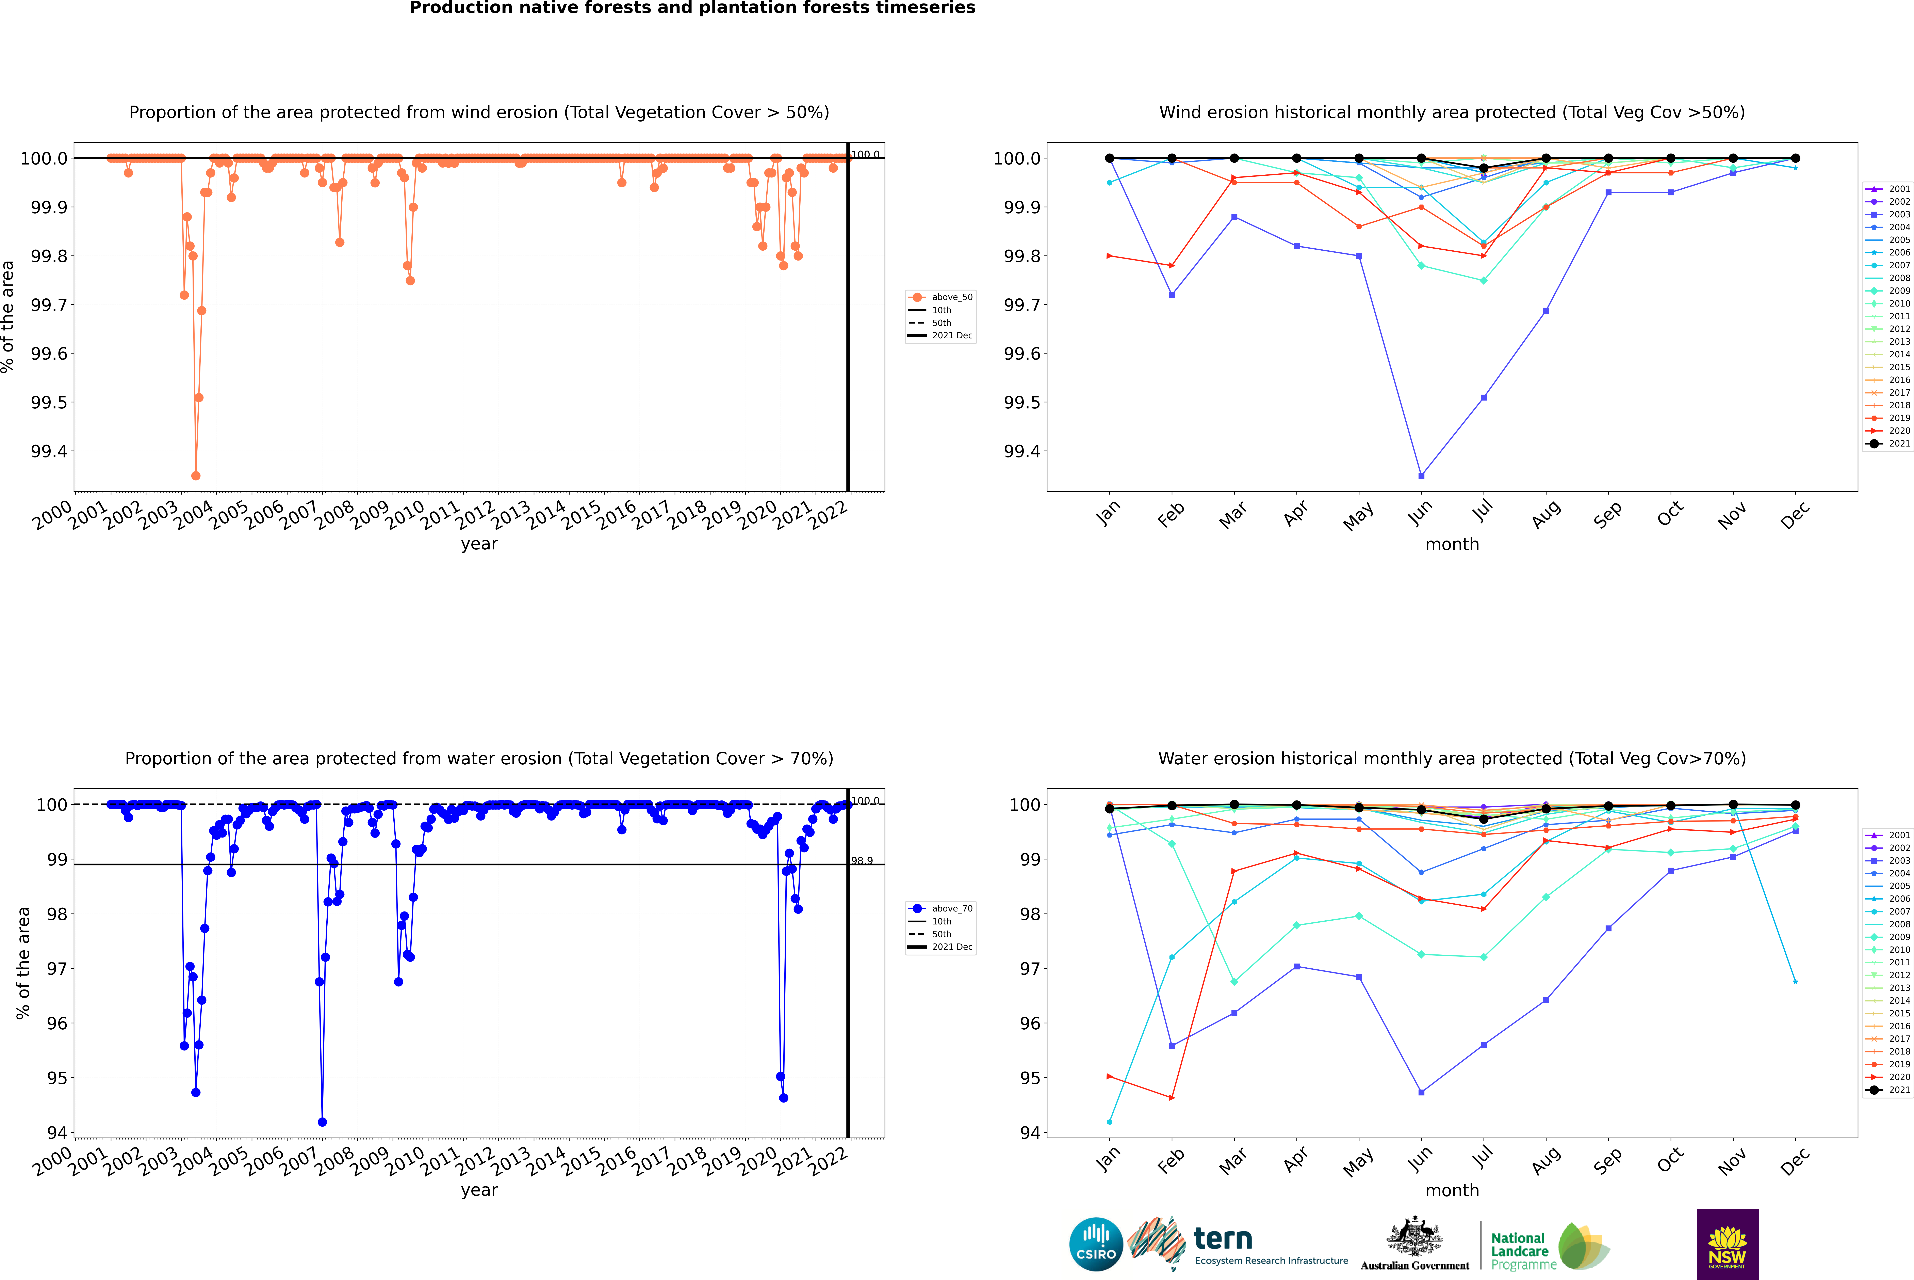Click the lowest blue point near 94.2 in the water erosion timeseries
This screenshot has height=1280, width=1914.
click(322, 1122)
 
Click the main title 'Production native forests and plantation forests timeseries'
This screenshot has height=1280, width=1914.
click(692, 8)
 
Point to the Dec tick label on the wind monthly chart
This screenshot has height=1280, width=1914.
click(1795, 514)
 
